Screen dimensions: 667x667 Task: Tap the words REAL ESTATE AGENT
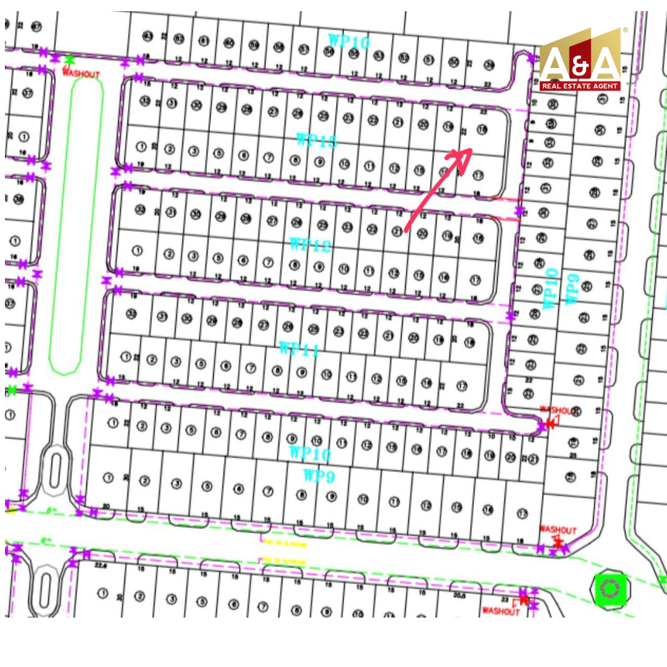tap(580, 86)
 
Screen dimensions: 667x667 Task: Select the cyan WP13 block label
tap(316, 141)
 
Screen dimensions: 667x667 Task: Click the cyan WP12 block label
tap(311, 245)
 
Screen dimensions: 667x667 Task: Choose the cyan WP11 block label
tap(299, 350)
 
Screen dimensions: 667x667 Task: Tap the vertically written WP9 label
tap(571, 290)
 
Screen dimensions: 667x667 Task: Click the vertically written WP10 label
tap(550, 288)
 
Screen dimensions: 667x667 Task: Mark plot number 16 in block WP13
tap(482, 130)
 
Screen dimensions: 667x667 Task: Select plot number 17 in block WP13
tap(479, 175)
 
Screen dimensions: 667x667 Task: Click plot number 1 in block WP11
tap(127, 356)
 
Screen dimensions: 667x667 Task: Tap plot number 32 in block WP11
tap(131, 314)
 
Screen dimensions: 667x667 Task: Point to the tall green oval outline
tap(77, 227)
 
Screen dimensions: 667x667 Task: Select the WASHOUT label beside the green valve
tap(81, 73)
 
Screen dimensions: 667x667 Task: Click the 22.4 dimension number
tap(101, 564)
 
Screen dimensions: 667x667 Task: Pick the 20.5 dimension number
tap(459, 597)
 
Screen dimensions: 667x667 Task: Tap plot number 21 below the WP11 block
tap(533, 458)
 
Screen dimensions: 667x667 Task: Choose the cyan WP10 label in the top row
tap(348, 41)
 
